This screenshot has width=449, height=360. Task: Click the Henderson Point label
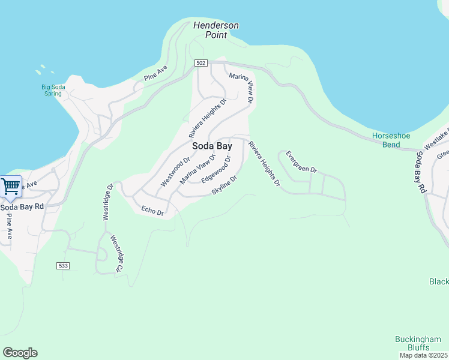click(x=216, y=30)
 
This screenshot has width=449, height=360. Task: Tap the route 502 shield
click(x=201, y=63)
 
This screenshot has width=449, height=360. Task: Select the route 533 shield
click(x=63, y=265)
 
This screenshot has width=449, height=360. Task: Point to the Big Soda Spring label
click(x=53, y=91)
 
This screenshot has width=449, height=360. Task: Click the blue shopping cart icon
click(x=10, y=187)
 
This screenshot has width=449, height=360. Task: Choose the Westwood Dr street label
click(x=175, y=172)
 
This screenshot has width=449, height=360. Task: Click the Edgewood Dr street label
click(x=216, y=170)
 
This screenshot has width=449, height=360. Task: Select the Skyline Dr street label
click(x=225, y=185)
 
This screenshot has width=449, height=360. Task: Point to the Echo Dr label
click(x=152, y=210)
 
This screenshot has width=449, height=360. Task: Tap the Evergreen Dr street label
click(x=301, y=161)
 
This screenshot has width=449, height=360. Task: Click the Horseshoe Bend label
click(x=391, y=140)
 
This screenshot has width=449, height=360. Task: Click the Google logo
click(x=20, y=353)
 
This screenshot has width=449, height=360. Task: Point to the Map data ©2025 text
click(x=424, y=355)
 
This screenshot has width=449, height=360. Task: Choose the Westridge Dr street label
click(x=107, y=202)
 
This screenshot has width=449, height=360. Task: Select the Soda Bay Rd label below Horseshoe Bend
click(x=421, y=172)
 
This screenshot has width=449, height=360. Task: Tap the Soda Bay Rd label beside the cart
click(x=22, y=206)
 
